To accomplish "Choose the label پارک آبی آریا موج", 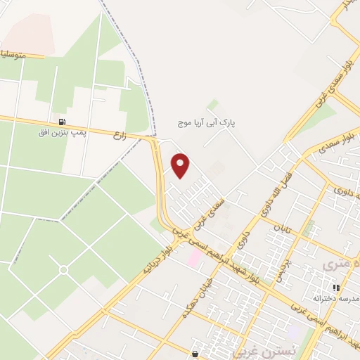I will [x=207, y=122].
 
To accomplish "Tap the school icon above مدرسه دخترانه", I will [x=336, y=288].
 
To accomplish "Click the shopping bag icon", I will [x=195, y=353].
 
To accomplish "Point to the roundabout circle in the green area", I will [x=63, y=269].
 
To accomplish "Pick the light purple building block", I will [x=292, y=331].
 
